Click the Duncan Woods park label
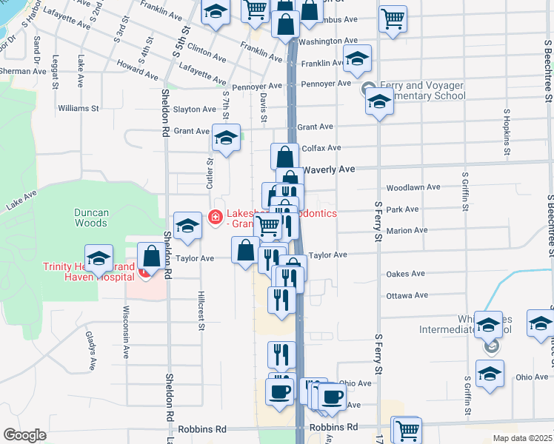click(92, 218)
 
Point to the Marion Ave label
click(407, 231)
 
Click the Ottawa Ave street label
click(407, 296)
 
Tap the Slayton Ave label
click(195, 110)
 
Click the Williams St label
click(79, 108)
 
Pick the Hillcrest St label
click(201, 306)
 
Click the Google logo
click(24, 435)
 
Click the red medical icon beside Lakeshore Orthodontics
click(216, 216)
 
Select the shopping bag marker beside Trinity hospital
click(152, 258)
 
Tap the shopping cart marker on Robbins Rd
click(407, 431)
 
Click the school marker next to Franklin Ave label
click(357, 58)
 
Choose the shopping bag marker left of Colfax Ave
click(284, 158)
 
